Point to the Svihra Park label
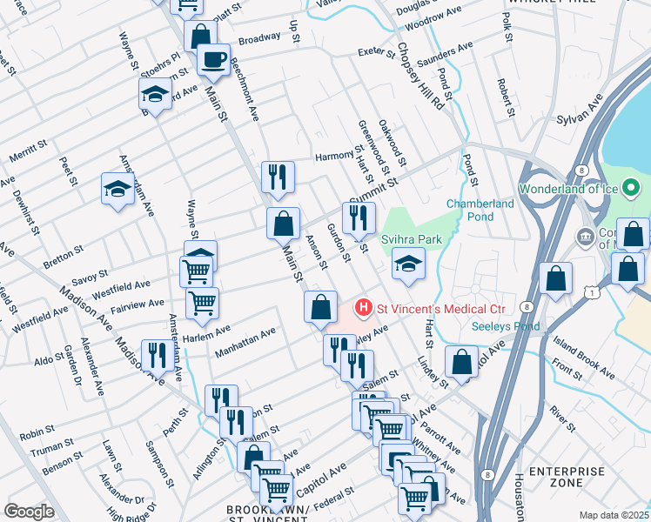click(412, 239)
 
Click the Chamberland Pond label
click(480, 210)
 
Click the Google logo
click(29, 511)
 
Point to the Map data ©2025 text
click(614, 515)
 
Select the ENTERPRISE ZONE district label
click(567, 477)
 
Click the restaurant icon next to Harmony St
click(278, 177)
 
